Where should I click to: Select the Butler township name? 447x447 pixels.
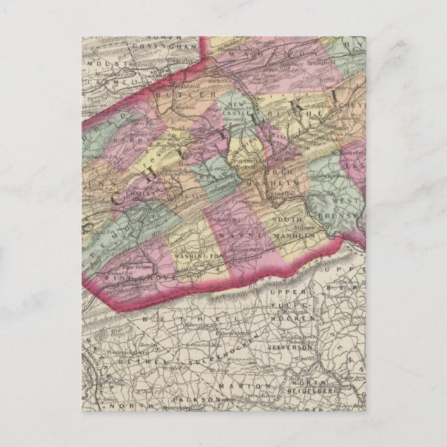coord(185,94)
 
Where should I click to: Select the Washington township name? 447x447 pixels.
coord(198,255)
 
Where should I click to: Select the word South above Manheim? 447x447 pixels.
coord(287,221)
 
